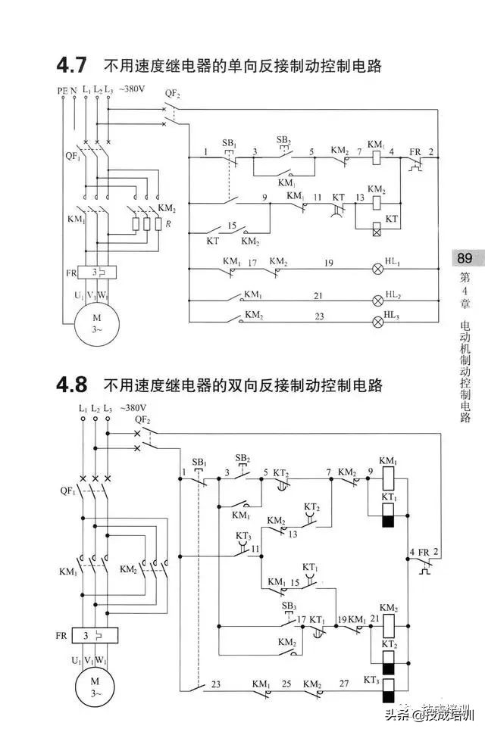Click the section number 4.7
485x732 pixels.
click(x=72, y=65)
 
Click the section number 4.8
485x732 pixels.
click(x=72, y=385)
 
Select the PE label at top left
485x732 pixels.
click(x=62, y=91)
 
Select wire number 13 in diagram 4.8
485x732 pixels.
click(x=293, y=533)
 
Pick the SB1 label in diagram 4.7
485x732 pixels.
click(x=229, y=143)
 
